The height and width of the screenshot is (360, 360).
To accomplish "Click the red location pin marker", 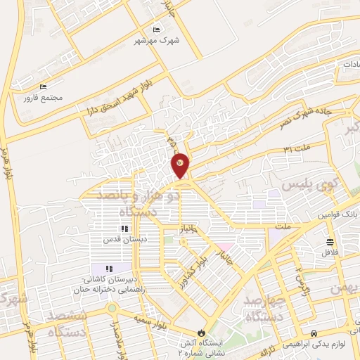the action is click(180, 165).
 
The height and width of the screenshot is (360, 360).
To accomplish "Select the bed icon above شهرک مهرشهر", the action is click(156, 30).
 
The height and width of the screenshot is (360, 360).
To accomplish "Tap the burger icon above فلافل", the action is click(329, 241).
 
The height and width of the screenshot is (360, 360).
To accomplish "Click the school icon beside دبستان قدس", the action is click(124, 229).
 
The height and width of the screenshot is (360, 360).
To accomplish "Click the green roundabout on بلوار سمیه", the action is click(112, 308).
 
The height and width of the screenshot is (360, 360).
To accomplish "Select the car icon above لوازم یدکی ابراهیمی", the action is click(314, 333).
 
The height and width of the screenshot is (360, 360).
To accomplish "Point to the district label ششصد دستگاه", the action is click(68, 323).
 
